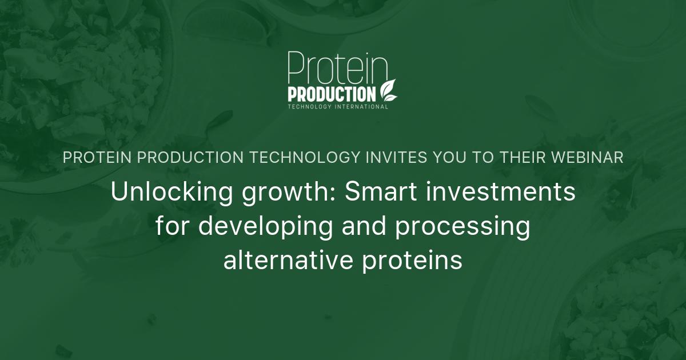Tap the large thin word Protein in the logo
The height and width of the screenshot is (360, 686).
(x=337, y=67)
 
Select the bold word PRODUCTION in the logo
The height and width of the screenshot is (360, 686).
(x=332, y=93)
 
